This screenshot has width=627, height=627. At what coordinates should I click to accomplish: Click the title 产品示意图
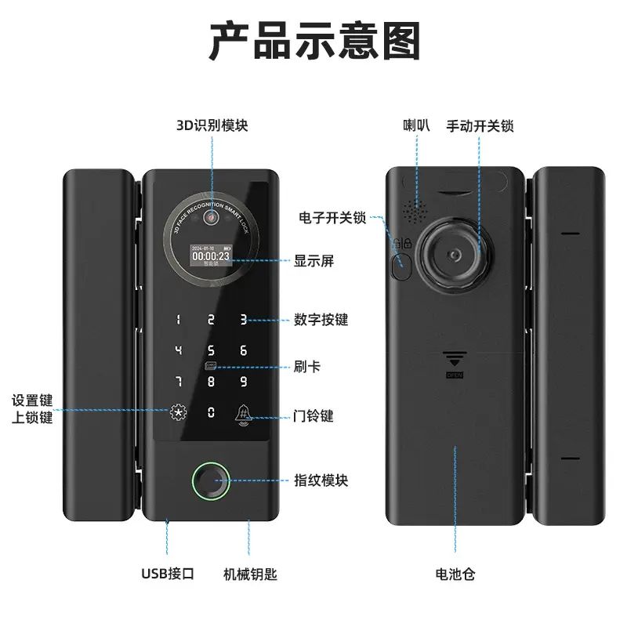(314, 41)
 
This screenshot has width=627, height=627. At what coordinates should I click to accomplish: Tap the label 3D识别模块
(212, 125)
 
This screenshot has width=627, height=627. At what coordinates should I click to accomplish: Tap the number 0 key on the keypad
(211, 411)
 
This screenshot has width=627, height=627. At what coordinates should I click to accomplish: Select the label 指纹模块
(321, 480)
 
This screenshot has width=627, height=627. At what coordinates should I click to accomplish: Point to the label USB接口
(168, 574)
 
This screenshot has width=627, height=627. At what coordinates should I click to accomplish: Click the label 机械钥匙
(251, 574)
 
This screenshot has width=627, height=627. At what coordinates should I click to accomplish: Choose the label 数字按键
(321, 320)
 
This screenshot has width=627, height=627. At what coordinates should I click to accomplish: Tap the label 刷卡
(307, 367)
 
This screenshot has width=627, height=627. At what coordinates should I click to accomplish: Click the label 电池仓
(455, 574)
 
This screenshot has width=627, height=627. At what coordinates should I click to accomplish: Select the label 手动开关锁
(480, 125)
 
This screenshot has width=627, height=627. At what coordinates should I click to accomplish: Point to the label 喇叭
(416, 125)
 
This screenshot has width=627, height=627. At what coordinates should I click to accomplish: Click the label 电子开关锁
(333, 217)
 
